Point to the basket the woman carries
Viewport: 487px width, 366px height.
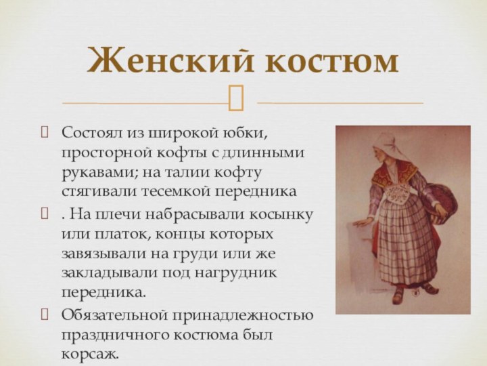click(444, 200)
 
